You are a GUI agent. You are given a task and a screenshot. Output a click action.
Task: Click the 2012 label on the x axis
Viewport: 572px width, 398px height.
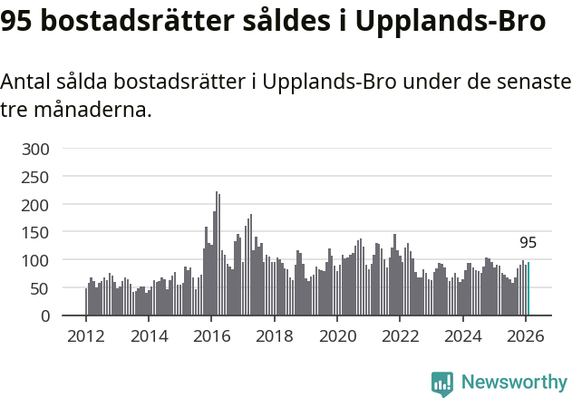[x=86, y=335]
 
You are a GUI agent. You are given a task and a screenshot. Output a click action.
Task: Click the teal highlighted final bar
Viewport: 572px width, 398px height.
[x=528, y=290]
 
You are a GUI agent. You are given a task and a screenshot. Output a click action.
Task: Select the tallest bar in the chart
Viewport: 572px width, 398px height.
[x=217, y=254]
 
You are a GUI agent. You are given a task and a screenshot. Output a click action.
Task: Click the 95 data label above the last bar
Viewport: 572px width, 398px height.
[x=528, y=243]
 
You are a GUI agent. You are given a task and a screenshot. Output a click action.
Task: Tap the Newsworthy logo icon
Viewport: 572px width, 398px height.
[x=442, y=383]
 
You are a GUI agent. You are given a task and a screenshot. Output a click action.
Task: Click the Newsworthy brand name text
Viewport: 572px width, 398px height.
[x=514, y=383]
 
